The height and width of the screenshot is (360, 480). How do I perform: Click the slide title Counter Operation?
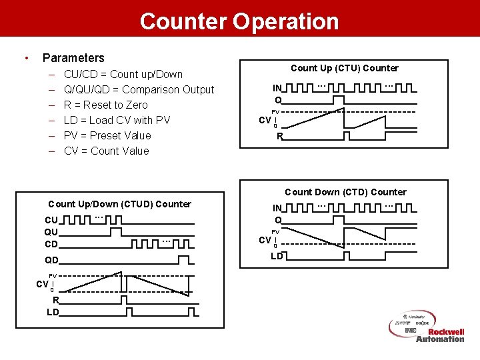click(239, 21)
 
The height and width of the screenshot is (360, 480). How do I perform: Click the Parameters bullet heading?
click(73, 58)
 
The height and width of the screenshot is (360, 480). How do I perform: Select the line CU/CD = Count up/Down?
click(123, 74)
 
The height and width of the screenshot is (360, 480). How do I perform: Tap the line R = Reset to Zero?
click(105, 105)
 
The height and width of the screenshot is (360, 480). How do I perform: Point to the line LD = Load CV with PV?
click(117, 120)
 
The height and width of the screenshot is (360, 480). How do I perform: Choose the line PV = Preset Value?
click(107, 135)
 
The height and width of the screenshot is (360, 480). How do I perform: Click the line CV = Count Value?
click(106, 151)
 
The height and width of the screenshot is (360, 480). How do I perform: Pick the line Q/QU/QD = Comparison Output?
click(139, 89)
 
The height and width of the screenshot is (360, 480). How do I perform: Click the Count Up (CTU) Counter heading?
click(344, 68)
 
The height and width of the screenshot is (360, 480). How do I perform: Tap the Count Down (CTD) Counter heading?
click(345, 192)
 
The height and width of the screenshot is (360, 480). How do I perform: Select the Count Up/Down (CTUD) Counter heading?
click(119, 204)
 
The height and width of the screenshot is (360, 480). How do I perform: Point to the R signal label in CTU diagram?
click(280, 136)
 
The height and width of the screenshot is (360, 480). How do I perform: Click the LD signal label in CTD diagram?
click(276, 256)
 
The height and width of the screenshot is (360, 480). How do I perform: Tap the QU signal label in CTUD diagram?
click(51, 232)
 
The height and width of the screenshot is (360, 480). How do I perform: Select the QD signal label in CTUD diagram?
click(51, 260)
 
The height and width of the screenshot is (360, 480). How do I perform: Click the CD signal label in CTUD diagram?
click(51, 244)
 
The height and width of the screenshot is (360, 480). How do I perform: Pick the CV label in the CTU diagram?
click(265, 120)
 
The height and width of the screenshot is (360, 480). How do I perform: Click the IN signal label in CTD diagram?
click(277, 208)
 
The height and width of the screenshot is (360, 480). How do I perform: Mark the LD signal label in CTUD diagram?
click(52, 311)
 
